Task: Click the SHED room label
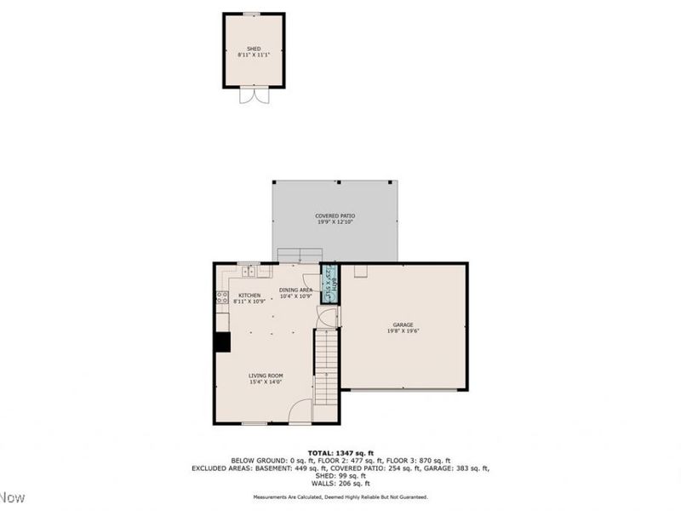click(x=254, y=49)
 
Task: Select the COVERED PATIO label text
click(x=335, y=216)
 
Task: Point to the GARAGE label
click(x=403, y=324)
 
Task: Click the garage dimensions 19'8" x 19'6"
click(x=403, y=331)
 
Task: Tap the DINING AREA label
click(x=295, y=290)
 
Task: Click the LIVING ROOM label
click(x=266, y=376)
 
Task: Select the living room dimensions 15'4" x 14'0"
click(x=266, y=382)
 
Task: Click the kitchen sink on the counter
click(x=248, y=272)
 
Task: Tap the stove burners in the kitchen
click(x=221, y=298)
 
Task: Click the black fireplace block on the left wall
click(x=221, y=342)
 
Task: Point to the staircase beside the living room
click(x=327, y=366)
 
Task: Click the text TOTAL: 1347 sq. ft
click(x=340, y=453)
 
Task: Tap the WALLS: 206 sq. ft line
click(x=340, y=483)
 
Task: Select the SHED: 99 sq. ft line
click(x=340, y=475)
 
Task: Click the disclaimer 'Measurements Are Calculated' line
click(x=340, y=497)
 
